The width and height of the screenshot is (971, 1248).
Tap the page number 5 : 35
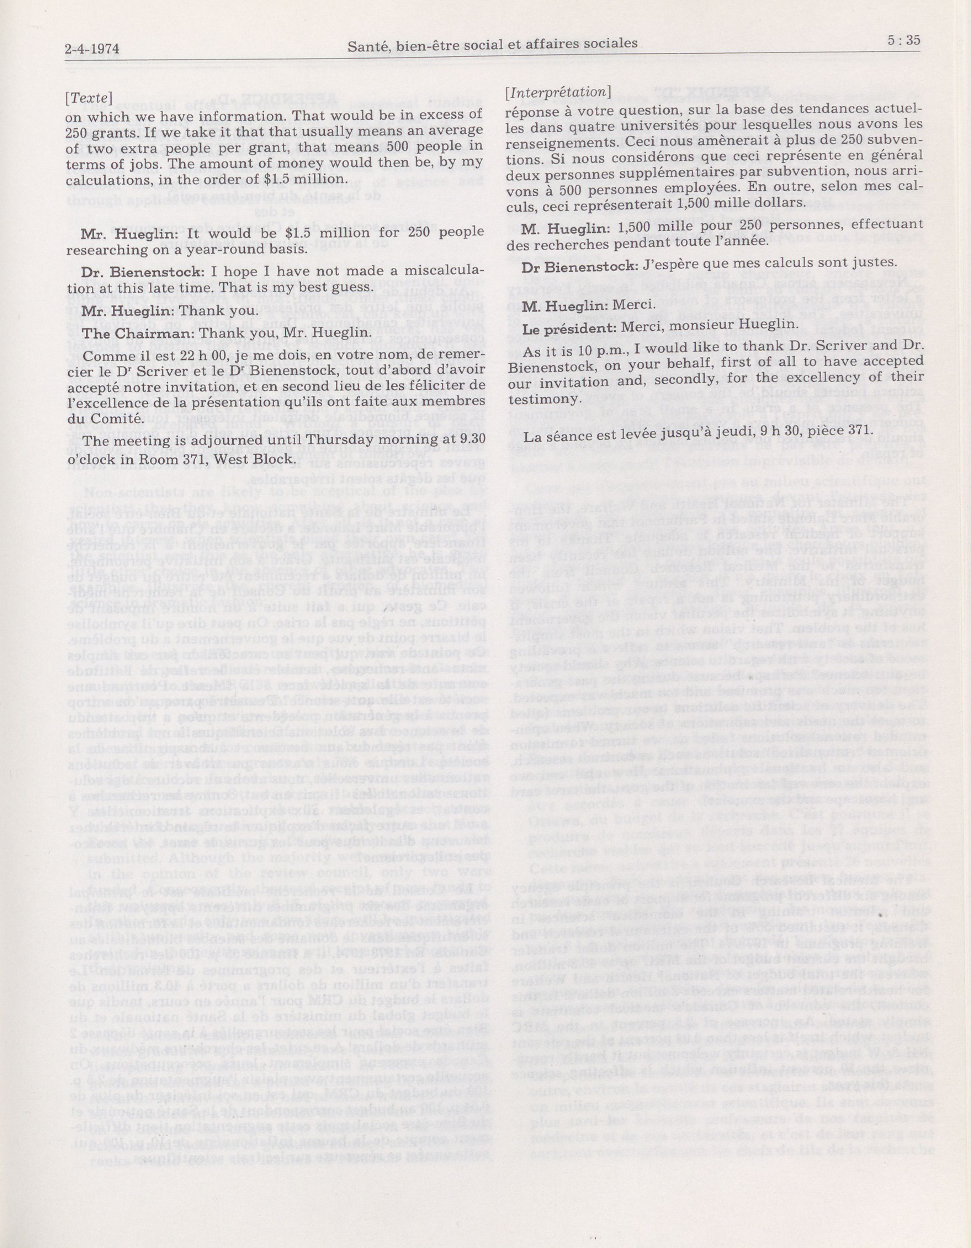903,40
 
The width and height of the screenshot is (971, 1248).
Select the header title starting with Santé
492,44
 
